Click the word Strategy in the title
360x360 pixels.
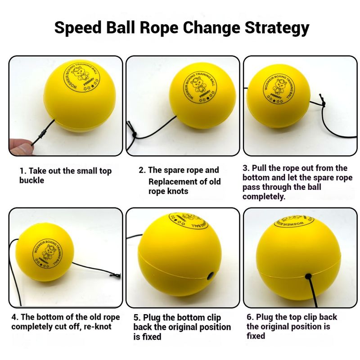pyautogui.click(x=277, y=28)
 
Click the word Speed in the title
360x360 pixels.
pyautogui.click(x=78, y=27)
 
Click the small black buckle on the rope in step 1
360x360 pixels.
pyautogui.click(x=42, y=134)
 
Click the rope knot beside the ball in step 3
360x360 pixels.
pyautogui.click(x=323, y=103)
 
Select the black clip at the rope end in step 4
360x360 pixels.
pyautogui.click(x=116, y=275)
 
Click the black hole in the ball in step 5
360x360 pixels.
pyautogui.click(x=210, y=276)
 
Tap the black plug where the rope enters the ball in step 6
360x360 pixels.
pyautogui.click(x=309, y=276)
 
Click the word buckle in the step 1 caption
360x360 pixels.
pyautogui.click(x=31, y=180)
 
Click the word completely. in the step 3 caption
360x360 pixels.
pyautogui.click(x=264, y=197)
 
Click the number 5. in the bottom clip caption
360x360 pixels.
pyautogui.click(x=137, y=318)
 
